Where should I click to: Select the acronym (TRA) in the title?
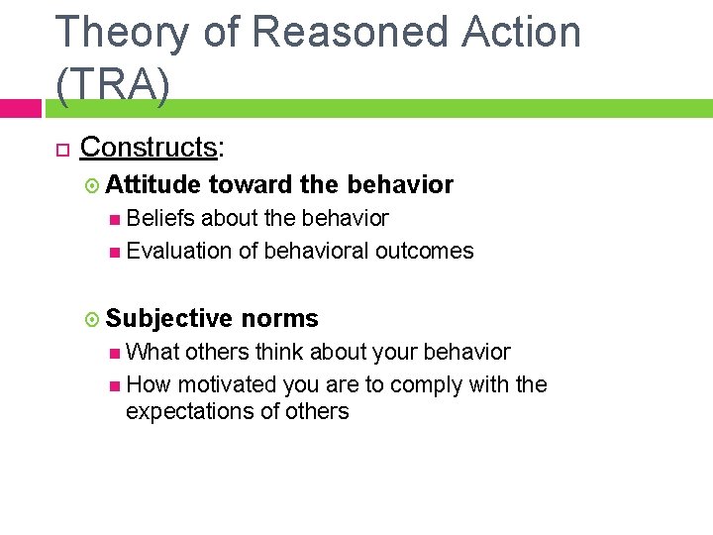click(x=113, y=86)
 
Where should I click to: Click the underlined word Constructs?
click(x=149, y=148)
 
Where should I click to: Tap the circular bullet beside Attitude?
click(x=93, y=185)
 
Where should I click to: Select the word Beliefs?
click(x=161, y=218)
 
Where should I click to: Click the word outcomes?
click(x=424, y=252)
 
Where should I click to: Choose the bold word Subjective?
click(x=169, y=318)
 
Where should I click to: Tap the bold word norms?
click(x=279, y=318)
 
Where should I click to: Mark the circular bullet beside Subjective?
click(x=93, y=319)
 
